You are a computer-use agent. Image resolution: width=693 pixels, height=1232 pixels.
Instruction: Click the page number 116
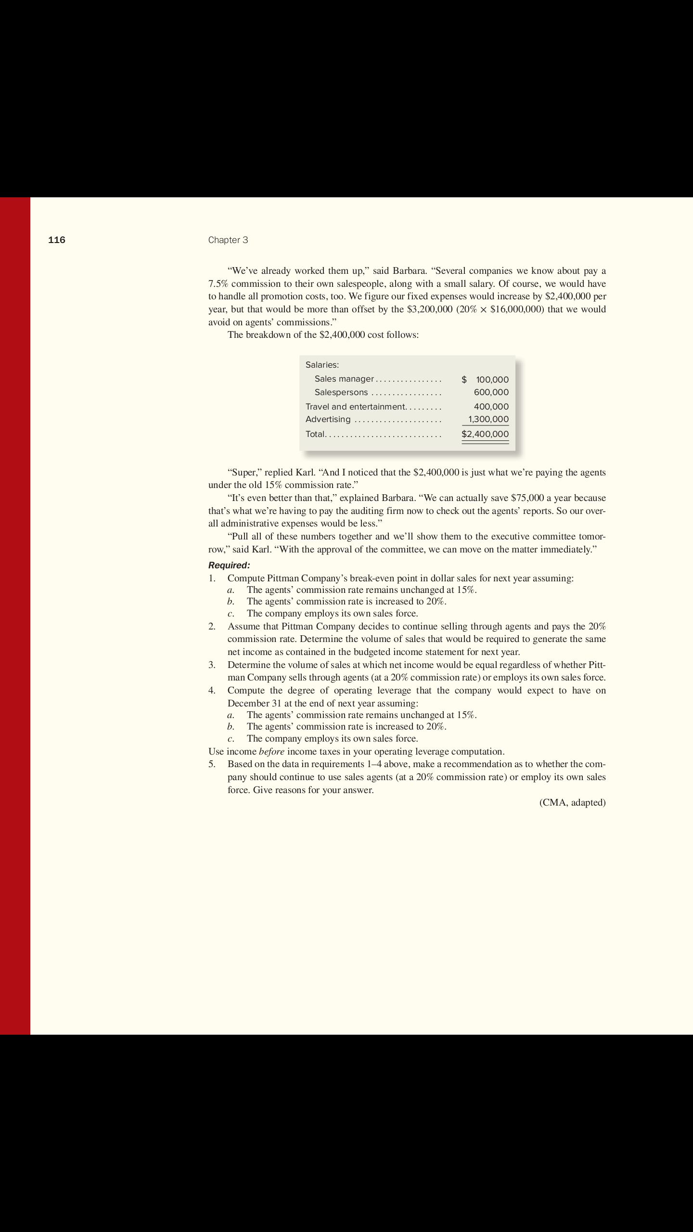pyautogui.click(x=57, y=240)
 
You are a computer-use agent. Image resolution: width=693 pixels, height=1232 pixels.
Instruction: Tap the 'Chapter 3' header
pyautogui.click(x=228, y=240)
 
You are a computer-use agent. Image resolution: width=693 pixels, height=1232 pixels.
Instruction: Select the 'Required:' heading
pyautogui.click(x=229, y=565)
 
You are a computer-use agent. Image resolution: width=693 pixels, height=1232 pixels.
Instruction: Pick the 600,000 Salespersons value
pyautogui.click(x=491, y=392)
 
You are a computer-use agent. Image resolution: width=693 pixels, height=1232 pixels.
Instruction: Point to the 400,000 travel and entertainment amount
pyautogui.click(x=491, y=407)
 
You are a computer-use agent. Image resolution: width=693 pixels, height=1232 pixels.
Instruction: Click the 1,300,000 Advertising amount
pyautogui.click(x=488, y=419)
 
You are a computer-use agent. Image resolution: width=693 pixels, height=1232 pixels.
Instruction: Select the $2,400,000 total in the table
pyautogui.click(x=485, y=434)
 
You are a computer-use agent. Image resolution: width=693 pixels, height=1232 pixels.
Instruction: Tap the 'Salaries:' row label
pyautogui.click(x=322, y=365)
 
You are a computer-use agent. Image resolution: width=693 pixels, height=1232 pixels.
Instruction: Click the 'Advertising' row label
pyautogui.click(x=328, y=419)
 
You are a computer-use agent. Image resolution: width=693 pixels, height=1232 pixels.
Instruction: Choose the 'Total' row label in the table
pyautogui.click(x=315, y=434)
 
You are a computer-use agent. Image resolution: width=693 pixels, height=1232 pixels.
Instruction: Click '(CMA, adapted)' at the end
pyautogui.click(x=573, y=802)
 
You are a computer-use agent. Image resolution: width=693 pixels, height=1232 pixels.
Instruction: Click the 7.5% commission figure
pyautogui.click(x=218, y=283)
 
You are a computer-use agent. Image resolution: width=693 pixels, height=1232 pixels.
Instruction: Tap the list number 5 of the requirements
pyautogui.click(x=212, y=764)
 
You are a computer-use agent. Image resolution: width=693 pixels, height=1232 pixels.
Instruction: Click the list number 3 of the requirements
pyautogui.click(x=212, y=665)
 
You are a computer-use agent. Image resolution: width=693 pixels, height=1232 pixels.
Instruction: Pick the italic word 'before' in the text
pyautogui.click(x=271, y=751)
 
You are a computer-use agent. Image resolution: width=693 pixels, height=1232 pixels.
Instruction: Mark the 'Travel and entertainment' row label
pyautogui.click(x=356, y=407)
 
